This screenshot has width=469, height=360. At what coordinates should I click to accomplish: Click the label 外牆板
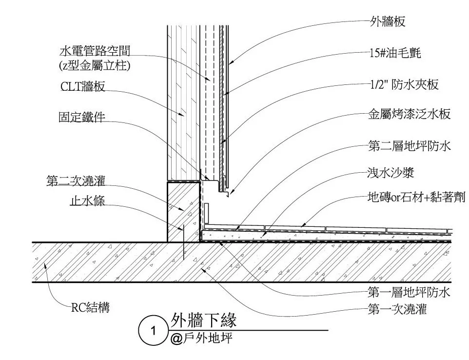coord(388,21)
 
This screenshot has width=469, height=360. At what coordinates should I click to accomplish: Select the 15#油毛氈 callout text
coord(394,52)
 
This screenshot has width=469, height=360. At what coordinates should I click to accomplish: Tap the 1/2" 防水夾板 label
coord(404,84)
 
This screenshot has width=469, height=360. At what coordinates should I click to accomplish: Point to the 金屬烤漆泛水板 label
coord(409,115)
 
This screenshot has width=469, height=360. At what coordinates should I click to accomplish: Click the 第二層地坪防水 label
coord(409,145)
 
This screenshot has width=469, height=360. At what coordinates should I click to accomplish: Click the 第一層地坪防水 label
coord(409,293)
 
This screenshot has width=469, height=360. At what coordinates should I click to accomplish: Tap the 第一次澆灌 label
coord(397,309)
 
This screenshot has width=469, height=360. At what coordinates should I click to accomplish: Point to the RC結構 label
coord(90,308)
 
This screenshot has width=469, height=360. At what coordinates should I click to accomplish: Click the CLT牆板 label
coord(83,87)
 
